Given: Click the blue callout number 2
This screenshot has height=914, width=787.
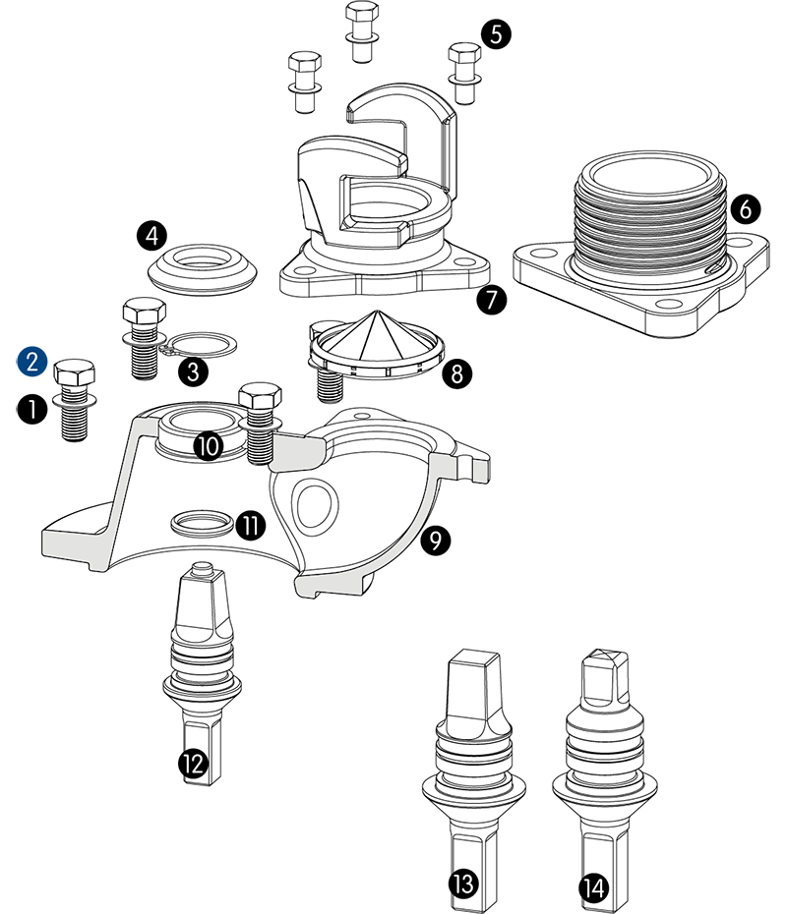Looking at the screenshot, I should (31, 361).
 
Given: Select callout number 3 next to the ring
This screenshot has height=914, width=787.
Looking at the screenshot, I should (193, 371).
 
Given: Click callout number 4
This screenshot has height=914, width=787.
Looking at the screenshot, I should (151, 236).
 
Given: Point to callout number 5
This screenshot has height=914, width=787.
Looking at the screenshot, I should (495, 34).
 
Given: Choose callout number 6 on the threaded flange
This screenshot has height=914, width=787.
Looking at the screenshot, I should (745, 208).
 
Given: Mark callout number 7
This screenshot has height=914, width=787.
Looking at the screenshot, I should (491, 299).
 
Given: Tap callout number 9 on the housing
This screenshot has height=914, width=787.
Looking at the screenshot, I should (435, 539).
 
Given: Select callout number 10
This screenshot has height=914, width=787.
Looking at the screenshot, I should (208, 446).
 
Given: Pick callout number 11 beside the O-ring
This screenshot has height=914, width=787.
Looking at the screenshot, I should (251, 526).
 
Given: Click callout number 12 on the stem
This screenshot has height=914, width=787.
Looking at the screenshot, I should (193, 763).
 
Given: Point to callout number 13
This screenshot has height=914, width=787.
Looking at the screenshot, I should (463, 884).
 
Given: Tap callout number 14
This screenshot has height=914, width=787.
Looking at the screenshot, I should (593, 888).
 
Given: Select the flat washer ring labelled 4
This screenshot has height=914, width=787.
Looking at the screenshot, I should (204, 266).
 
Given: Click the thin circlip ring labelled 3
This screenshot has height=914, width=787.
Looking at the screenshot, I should (203, 344).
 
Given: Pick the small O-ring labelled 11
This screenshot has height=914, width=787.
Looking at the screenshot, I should (203, 522).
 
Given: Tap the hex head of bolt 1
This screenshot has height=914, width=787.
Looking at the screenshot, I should (75, 374).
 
